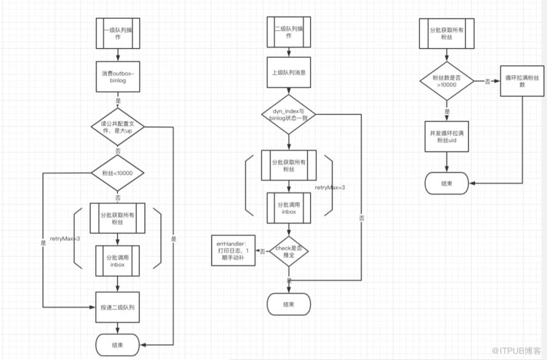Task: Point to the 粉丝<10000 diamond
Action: click(x=117, y=173)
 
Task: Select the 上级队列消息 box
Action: click(x=289, y=72)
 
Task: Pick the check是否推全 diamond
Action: click(x=289, y=251)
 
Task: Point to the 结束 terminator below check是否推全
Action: click(x=289, y=303)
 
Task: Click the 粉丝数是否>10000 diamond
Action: click(x=447, y=81)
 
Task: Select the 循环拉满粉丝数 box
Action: click(x=522, y=81)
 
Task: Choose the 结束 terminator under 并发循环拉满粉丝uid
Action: click(x=447, y=182)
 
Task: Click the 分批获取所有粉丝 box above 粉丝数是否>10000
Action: click(x=447, y=32)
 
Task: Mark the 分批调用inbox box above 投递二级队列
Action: click(x=117, y=261)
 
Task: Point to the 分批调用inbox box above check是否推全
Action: click(x=289, y=208)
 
